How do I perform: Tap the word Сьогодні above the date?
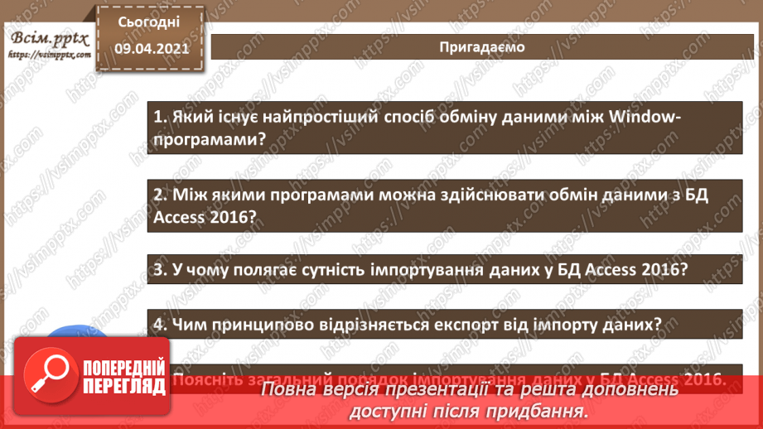click(147, 22)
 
